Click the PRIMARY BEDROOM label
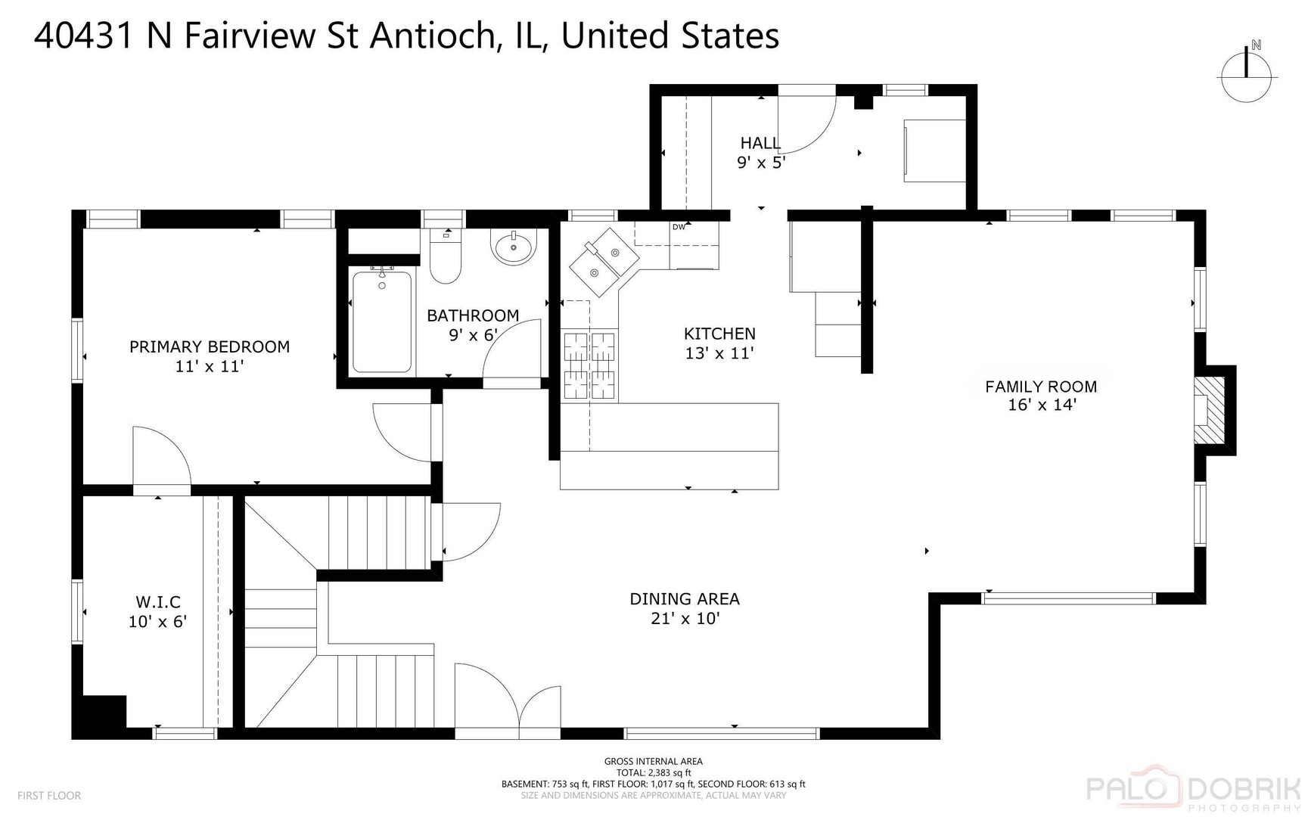click(x=210, y=347)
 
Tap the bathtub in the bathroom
click(x=382, y=322)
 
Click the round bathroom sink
click(x=514, y=247)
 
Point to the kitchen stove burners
click(x=589, y=365)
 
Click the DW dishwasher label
click(x=679, y=227)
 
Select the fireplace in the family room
click(x=1209, y=410)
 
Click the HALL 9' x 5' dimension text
click(x=761, y=162)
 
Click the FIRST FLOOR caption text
click(x=49, y=796)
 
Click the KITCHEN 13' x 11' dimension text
click(x=719, y=353)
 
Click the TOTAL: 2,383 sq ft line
click(x=653, y=772)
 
